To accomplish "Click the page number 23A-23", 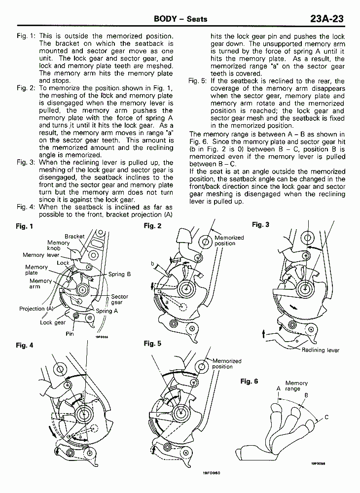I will pos(326,19).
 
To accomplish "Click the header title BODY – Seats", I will pos(180,19).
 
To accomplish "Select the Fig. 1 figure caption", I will pos(24,226).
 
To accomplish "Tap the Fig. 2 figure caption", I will pos(152,226).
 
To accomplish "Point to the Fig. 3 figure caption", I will pos(260,225).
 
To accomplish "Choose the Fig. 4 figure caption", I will pos(24,345).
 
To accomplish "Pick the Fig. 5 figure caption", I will pos(152,344).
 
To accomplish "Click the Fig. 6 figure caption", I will pos(249,381).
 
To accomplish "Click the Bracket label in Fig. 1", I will pos(74,237).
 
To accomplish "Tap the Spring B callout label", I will pos(119,274).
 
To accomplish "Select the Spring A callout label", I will pos(107,311).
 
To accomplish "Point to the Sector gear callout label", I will pos(119,299).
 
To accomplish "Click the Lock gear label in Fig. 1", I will pos(53,322).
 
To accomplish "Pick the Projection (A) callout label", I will pos(36,309).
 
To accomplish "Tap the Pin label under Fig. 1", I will pos(70,333).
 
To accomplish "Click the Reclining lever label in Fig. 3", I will pos(321,350).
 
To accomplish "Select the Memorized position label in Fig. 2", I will pos(229,240).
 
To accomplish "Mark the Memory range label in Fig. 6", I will pos(296,386).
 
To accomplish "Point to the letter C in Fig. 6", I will pos(326,418).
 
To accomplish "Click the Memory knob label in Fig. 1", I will pos(58,245).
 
